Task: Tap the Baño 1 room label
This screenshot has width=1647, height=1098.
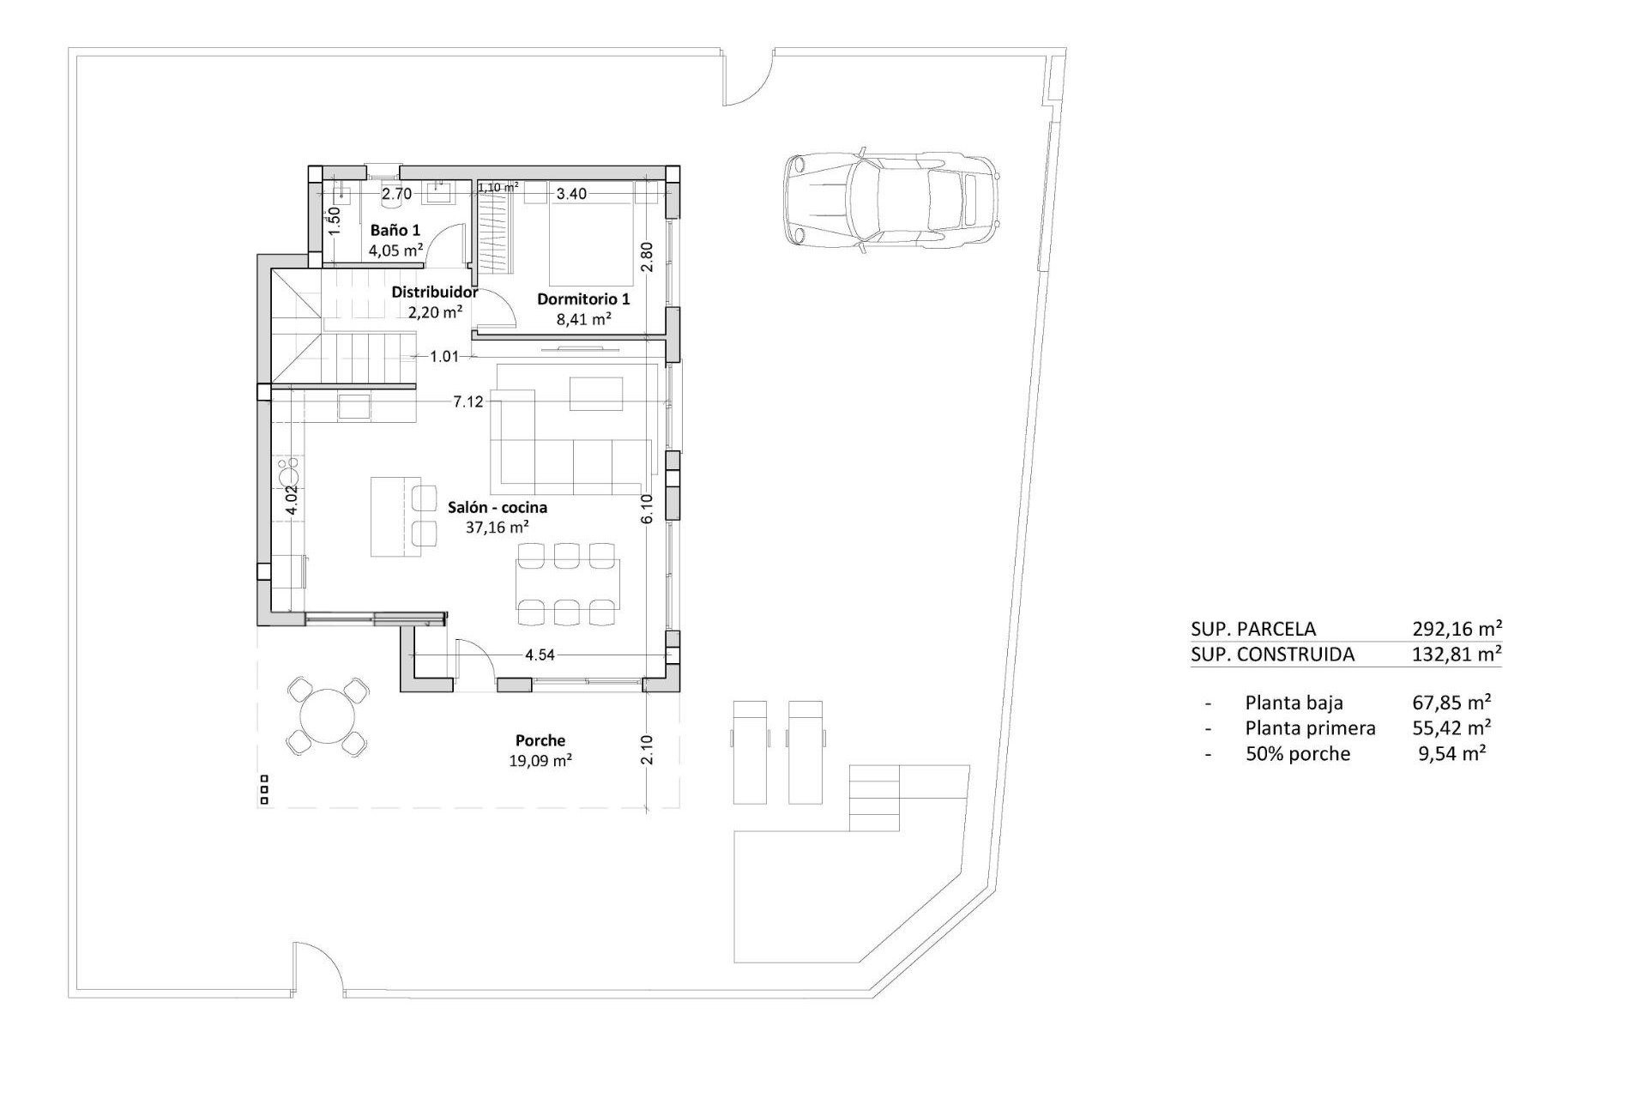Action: pos(395,230)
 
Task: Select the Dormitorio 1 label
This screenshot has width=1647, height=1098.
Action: pos(583,299)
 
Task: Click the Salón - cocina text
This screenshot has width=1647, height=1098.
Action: pos(498,507)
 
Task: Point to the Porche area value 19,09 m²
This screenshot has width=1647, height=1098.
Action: pos(540,760)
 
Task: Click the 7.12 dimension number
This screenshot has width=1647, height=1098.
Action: pos(468,401)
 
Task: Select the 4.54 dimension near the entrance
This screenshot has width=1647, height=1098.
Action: pos(540,655)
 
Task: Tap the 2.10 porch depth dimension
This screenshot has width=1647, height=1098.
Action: pos(648,750)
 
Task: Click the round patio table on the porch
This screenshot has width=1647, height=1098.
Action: pos(328,715)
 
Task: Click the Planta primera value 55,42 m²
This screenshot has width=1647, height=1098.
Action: pos(1451,727)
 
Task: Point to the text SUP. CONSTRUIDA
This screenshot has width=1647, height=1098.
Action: pos(1273,655)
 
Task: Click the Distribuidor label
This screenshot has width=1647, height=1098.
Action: pos(435,293)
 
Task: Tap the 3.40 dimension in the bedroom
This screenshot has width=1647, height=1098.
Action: pos(571,194)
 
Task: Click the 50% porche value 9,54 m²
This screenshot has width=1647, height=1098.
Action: pos(1453,753)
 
